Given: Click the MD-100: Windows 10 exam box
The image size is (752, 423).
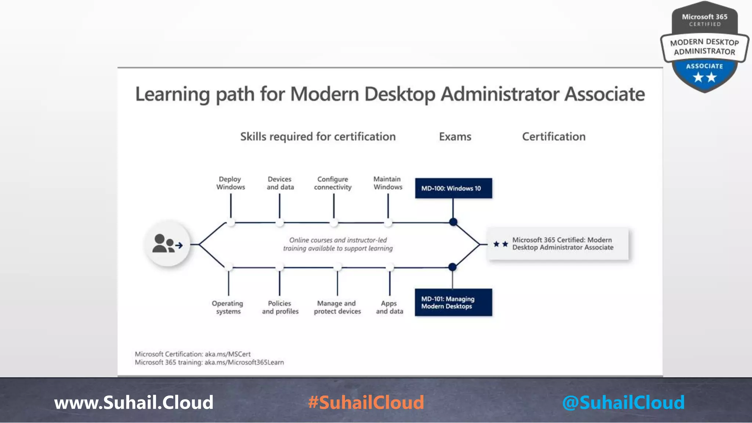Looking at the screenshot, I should [453, 188].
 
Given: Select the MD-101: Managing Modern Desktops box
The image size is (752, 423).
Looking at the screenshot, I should [453, 303].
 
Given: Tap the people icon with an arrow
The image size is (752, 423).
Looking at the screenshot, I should [168, 244].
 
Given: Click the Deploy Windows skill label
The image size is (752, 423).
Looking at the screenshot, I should [230, 183].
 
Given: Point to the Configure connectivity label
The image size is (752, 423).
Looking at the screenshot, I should [333, 183].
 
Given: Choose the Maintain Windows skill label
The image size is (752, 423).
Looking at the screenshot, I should [388, 183].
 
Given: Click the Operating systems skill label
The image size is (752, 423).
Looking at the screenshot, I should [228, 307].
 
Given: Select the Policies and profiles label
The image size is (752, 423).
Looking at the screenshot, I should [280, 307].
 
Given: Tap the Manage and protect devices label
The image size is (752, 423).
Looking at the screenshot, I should [337, 307].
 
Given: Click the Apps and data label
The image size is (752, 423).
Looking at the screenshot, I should [389, 307].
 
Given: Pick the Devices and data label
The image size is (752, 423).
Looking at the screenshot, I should [280, 183].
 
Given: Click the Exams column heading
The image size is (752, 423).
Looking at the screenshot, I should [455, 137].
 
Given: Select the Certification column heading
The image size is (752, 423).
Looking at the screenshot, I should [554, 137].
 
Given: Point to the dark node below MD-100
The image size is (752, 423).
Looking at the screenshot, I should [453, 222].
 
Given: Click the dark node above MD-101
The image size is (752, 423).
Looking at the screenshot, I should [452, 267].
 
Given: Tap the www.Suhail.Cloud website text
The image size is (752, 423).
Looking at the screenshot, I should [134, 402].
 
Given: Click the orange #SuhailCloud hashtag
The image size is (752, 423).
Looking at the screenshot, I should [366, 402].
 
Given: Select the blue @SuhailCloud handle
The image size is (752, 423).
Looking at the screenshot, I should [623, 402].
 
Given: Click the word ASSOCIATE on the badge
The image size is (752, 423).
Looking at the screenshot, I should [704, 66].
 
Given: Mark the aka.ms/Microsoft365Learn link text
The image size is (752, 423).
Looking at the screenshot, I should [244, 362].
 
